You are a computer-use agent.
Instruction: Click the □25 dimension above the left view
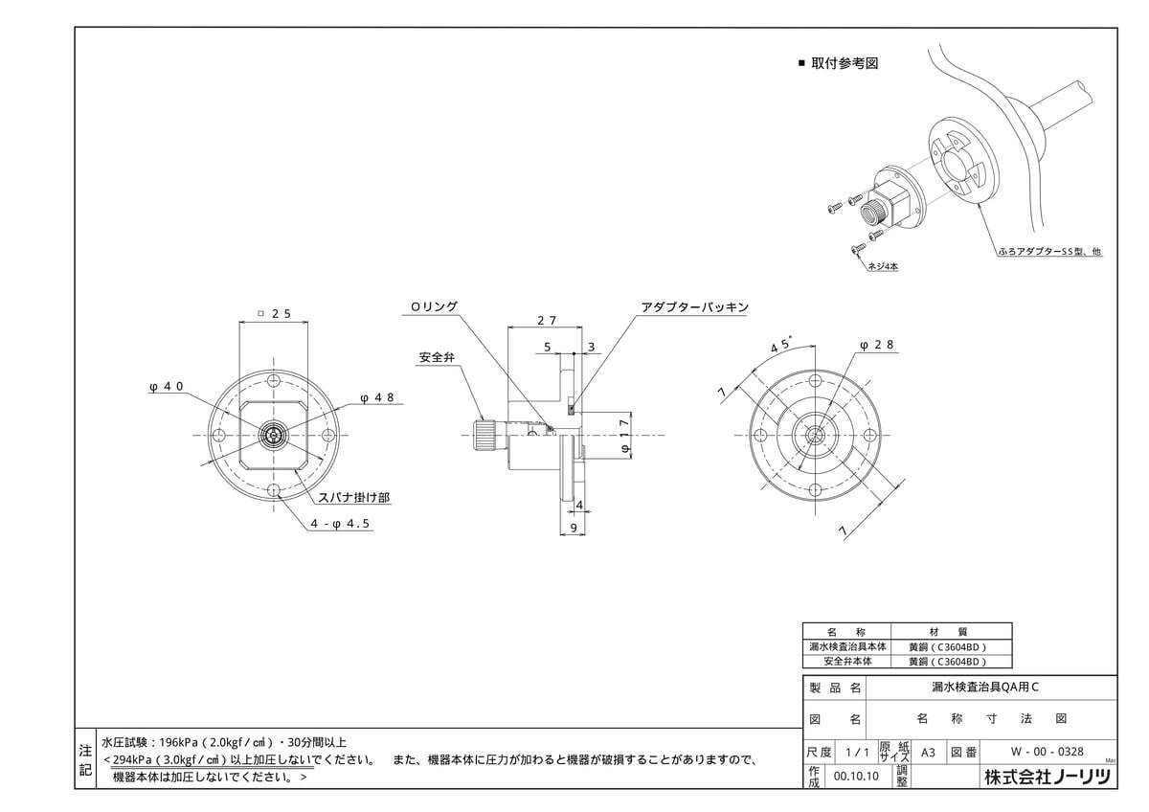pyautogui.click(x=275, y=313)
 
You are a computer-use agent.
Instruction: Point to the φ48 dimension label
pyautogui.click(x=377, y=396)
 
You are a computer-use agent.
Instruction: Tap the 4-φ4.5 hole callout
pyautogui.click(x=340, y=524)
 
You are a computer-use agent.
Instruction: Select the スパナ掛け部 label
pyautogui.click(x=354, y=498)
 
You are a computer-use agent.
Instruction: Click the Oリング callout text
pyautogui.click(x=434, y=306)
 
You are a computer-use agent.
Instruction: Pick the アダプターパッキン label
pyautogui.click(x=694, y=307)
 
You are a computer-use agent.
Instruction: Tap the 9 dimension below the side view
pyautogui.click(x=573, y=528)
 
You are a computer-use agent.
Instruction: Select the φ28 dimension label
pyautogui.click(x=876, y=344)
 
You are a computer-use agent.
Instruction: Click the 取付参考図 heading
pyautogui.click(x=845, y=63)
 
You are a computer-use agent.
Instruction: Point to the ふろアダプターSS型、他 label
pyautogui.click(x=1049, y=253)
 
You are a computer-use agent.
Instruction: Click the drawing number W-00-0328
pyautogui.click(x=1033, y=752)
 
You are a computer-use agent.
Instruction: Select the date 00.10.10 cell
pyautogui.click(x=857, y=778)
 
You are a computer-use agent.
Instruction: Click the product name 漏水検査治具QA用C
pyautogui.click(x=971, y=688)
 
